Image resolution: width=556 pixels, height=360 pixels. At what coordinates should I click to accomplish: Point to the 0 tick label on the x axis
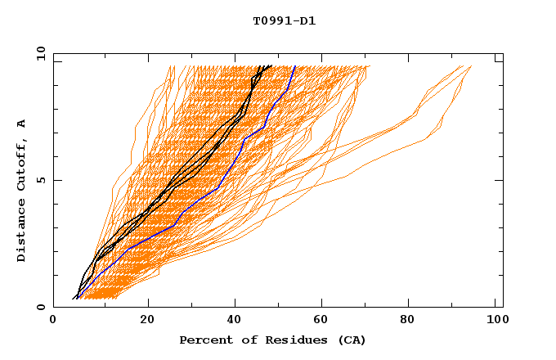click(x=53, y=322)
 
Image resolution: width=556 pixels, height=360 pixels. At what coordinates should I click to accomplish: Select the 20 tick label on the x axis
click(x=148, y=322)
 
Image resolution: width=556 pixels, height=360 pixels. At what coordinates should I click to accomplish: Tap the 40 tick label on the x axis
click(x=236, y=322)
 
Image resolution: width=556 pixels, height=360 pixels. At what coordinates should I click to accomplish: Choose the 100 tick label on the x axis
click(x=496, y=322)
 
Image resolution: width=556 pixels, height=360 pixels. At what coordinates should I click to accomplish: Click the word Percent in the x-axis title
click(x=203, y=340)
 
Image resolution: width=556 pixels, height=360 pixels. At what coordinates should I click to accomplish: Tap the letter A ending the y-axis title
click(x=22, y=123)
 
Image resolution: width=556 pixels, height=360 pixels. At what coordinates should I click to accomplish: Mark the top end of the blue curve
click(x=294, y=66)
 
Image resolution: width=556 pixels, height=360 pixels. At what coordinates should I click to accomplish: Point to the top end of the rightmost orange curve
click(x=472, y=66)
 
